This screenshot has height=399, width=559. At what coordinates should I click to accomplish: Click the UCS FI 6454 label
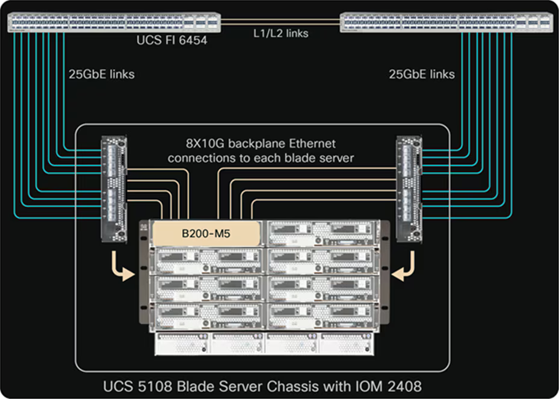(172, 40)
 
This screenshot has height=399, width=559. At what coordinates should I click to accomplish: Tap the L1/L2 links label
(281, 33)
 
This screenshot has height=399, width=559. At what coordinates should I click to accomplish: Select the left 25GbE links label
(102, 74)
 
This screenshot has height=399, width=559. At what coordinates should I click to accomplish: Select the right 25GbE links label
(422, 74)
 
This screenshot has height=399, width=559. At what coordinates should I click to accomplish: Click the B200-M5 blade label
(206, 234)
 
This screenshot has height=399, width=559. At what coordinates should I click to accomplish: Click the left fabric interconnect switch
(114, 22)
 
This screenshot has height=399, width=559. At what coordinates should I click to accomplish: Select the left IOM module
(114, 189)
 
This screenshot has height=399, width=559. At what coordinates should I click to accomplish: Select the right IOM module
(409, 189)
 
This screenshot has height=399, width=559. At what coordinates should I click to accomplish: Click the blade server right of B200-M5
(322, 233)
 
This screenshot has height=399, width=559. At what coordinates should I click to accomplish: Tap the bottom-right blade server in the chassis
(322, 315)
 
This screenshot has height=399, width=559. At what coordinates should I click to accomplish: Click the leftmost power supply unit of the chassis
(182, 344)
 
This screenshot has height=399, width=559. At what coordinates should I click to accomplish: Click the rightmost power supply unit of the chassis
(347, 344)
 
